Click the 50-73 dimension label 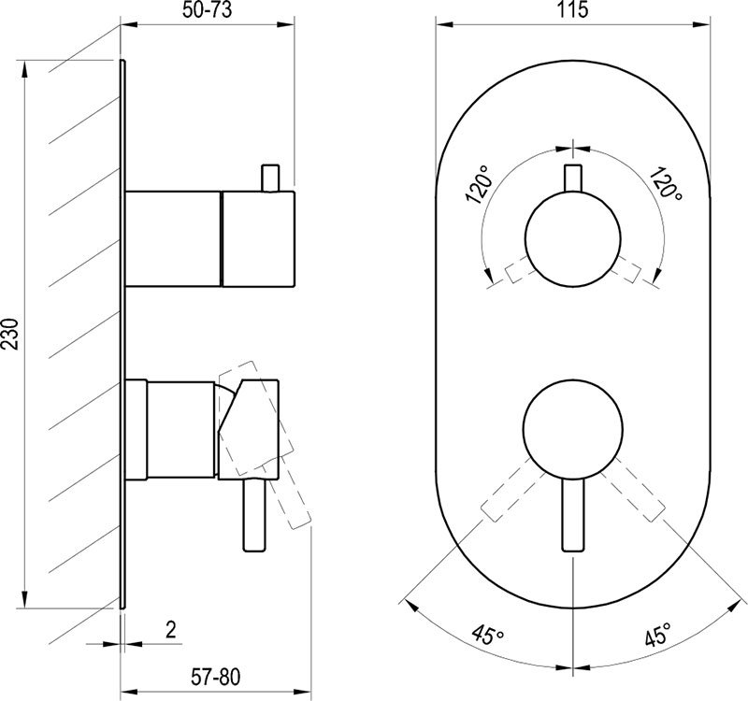coord(207,9)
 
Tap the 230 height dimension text coord(10,334)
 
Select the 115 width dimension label coord(572,9)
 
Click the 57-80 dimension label coord(216,677)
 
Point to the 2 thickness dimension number coord(171,629)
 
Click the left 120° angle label coord(479,184)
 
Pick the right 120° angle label coord(665,183)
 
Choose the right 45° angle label coord(658,634)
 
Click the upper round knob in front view coord(572,239)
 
